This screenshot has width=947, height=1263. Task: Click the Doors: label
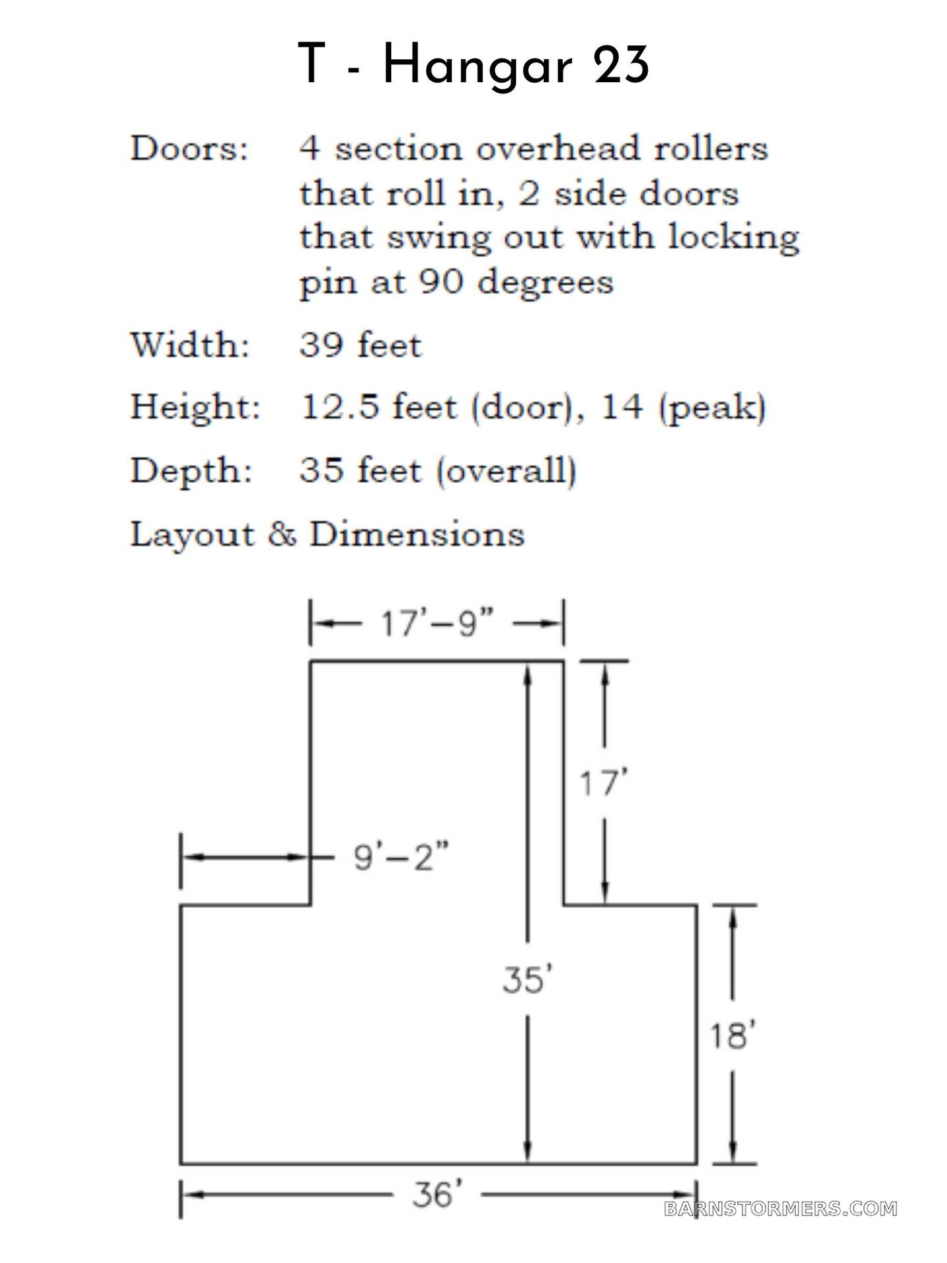pos(189,149)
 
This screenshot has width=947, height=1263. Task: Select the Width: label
pos(190,345)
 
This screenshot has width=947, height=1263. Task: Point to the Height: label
pos(195,407)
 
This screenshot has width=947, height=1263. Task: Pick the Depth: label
pos(191,471)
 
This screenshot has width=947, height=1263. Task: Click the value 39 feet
pos(360,345)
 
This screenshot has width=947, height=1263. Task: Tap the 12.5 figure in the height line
pos(340,407)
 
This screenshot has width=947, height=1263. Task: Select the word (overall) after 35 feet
pos(506,471)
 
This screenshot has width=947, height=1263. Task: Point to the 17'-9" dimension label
pos(437,622)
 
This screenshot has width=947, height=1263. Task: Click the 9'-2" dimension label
pos(402,856)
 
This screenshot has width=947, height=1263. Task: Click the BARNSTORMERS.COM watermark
pos(781,1208)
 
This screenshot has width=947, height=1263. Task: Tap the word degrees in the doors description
pos(545,283)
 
